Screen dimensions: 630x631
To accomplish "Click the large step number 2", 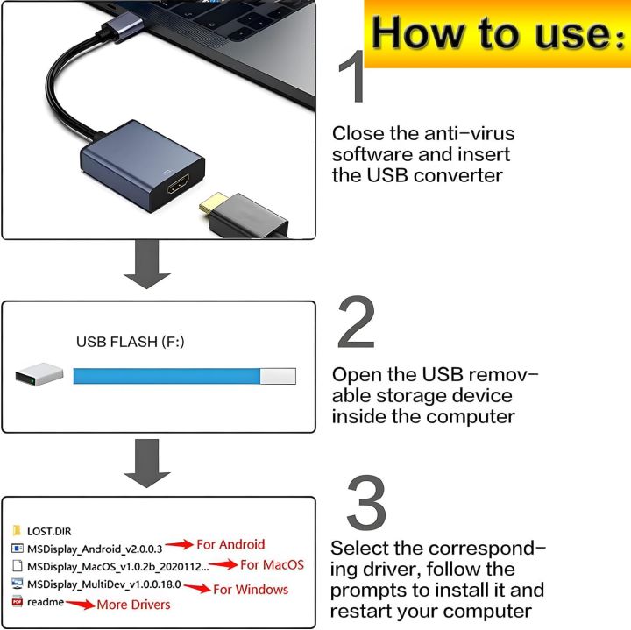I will click(x=356, y=323).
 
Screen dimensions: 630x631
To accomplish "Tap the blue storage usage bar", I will click(x=167, y=376).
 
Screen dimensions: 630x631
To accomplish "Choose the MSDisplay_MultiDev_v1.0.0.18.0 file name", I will click(x=103, y=584).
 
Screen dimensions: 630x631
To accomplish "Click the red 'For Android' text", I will click(x=229, y=544).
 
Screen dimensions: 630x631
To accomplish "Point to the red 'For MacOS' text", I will click(x=272, y=565).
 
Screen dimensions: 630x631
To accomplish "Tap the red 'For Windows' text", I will click(x=251, y=589).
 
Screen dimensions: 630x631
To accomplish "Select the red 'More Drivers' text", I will click(x=133, y=605).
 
